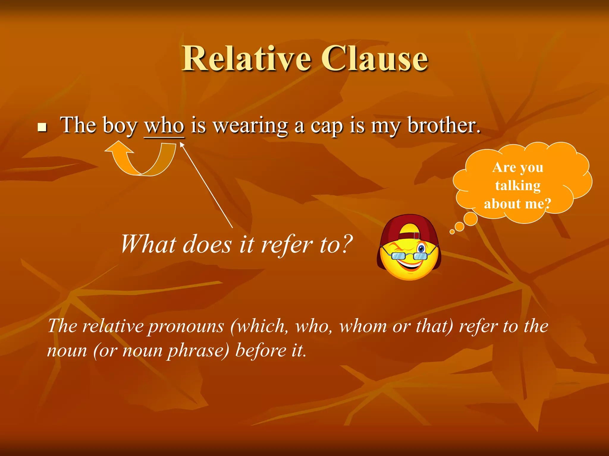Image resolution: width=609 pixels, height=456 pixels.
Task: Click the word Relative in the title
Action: [247, 58]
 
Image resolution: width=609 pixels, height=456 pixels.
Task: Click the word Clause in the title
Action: [375, 58]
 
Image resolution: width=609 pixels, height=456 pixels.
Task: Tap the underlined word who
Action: [164, 126]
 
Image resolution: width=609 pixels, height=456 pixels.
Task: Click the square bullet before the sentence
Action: [43, 128]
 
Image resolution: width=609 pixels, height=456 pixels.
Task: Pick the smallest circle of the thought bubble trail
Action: [452, 232]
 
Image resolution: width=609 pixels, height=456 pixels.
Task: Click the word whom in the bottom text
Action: [363, 326]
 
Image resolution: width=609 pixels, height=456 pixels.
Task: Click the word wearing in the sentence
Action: [251, 126]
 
